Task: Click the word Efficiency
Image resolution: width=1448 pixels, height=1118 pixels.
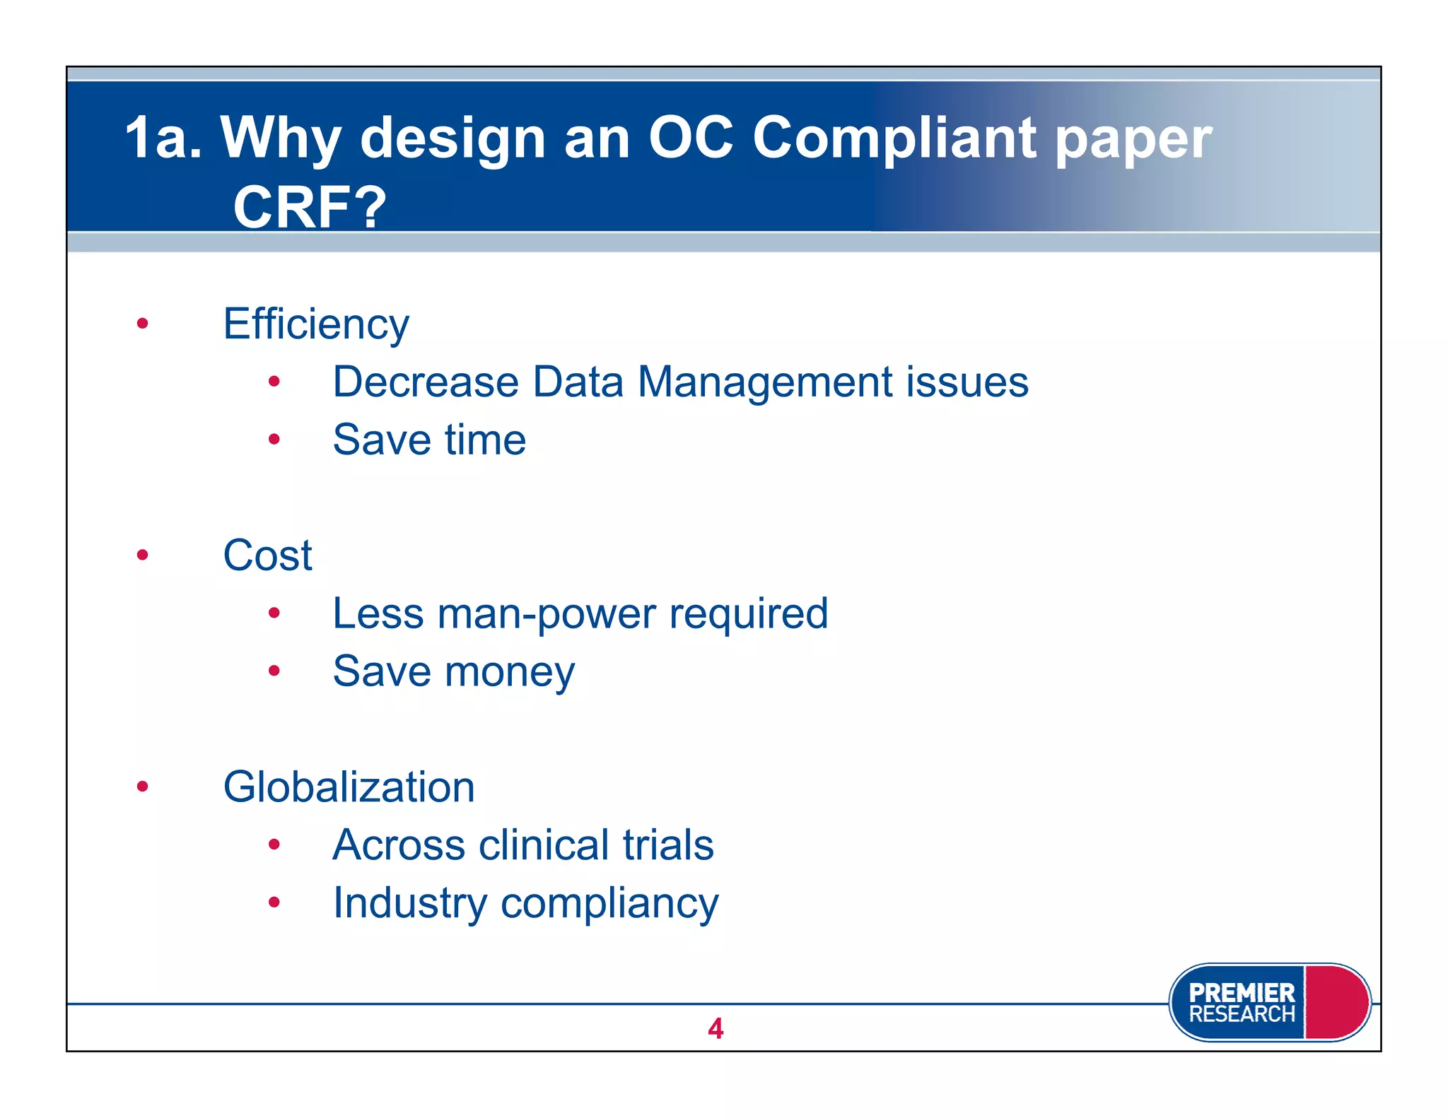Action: (x=315, y=324)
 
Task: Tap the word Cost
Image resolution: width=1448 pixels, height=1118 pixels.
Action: (x=267, y=555)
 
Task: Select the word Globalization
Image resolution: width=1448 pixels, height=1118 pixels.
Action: (x=349, y=787)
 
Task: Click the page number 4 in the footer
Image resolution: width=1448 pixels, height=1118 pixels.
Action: (x=716, y=1028)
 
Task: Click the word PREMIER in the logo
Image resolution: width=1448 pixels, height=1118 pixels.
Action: (x=1241, y=992)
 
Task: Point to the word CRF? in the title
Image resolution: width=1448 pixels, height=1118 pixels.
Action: (x=310, y=207)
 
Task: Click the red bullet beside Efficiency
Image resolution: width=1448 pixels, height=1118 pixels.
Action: (x=143, y=324)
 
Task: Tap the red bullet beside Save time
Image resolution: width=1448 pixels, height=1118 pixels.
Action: (x=274, y=440)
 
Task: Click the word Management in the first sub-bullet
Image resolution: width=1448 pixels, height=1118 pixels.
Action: (x=765, y=382)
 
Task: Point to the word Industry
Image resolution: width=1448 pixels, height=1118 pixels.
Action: (x=410, y=903)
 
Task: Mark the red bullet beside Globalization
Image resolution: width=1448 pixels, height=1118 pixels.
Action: (x=143, y=786)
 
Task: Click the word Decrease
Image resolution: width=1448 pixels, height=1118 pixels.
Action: (x=426, y=382)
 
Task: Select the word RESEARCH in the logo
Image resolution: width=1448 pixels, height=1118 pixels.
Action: (x=1241, y=1015)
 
